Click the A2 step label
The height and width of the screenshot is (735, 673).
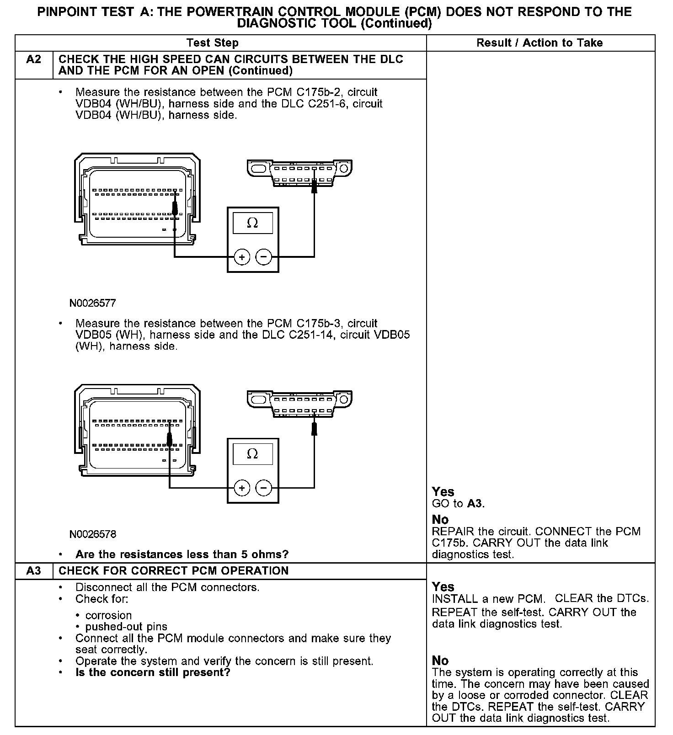click(34, 60)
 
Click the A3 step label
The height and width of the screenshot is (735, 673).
click(34, 571)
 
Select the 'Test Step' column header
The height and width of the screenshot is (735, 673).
click(213, 43)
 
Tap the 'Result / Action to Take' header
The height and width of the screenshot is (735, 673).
click(539, 43)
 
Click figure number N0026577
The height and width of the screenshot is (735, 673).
click(93, 303)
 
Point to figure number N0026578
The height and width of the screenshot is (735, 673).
click(93, 534)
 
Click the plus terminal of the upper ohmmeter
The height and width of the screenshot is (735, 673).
click(242, 257)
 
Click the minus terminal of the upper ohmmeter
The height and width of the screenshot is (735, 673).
click(263, 257)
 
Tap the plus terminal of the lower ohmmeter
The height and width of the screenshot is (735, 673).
click(242, 488)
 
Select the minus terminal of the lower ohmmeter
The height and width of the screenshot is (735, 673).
click(263, 488)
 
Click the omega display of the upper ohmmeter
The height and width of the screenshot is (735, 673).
click(252, 223)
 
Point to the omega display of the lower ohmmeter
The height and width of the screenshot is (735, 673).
click(252, 454)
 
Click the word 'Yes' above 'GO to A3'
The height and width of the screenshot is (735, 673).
click(443, 492)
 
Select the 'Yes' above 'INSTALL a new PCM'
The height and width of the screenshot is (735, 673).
click(443, 587)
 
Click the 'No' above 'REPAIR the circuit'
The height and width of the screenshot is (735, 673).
click(440, 520)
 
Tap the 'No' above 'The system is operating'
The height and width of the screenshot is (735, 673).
click(440, 660)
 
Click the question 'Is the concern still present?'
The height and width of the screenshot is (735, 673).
click(153, 673)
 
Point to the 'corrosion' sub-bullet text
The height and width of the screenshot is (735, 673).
click(108, 616)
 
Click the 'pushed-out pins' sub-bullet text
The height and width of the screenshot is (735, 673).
click(126, 627)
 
